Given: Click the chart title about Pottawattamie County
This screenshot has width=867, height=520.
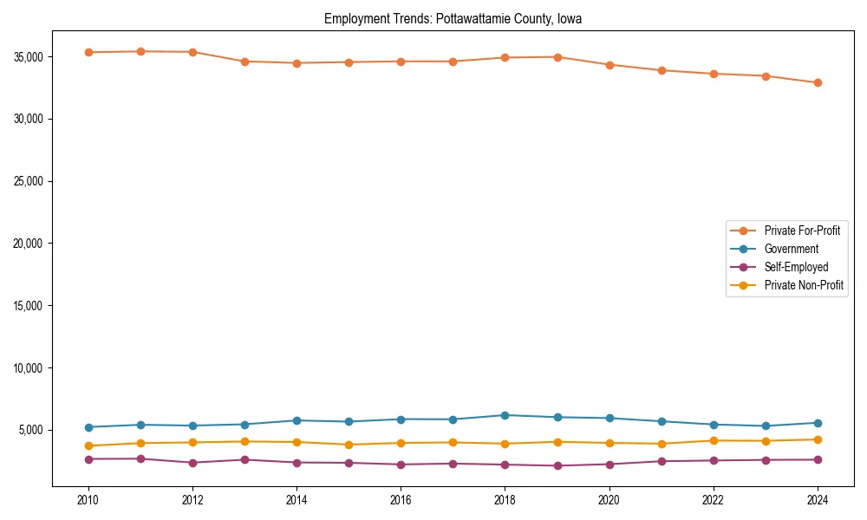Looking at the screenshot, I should click(453, 18).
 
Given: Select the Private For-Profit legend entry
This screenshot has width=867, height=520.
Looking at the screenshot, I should click(802, 231).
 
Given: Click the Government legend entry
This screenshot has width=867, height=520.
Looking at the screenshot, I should click(791, 249).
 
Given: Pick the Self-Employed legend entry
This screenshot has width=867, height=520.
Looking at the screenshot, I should click(796, 267).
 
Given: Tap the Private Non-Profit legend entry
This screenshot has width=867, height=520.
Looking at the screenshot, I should click(804, 285).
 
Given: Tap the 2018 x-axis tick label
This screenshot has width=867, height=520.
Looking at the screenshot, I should click(505, 500).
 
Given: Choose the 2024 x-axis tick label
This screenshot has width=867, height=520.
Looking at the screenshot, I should click(818, 500).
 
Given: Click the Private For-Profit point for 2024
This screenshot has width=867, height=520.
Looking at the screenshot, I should click(818, 83).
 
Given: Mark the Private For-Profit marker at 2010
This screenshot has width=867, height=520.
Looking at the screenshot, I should click(88, 52).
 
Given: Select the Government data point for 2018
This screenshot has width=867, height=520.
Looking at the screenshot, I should click(505, 415).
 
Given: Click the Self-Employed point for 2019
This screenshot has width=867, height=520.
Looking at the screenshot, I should click(557, 466).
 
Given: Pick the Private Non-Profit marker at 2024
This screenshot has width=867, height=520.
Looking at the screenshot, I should click(818, 439).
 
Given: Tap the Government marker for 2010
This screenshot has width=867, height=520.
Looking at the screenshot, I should click(88, 427).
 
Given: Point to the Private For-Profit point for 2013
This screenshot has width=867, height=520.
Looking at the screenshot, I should click(244, 62).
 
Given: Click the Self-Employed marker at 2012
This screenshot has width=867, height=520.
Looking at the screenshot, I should click(192, 463).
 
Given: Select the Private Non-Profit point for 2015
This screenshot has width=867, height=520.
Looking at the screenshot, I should click(349, 445).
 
